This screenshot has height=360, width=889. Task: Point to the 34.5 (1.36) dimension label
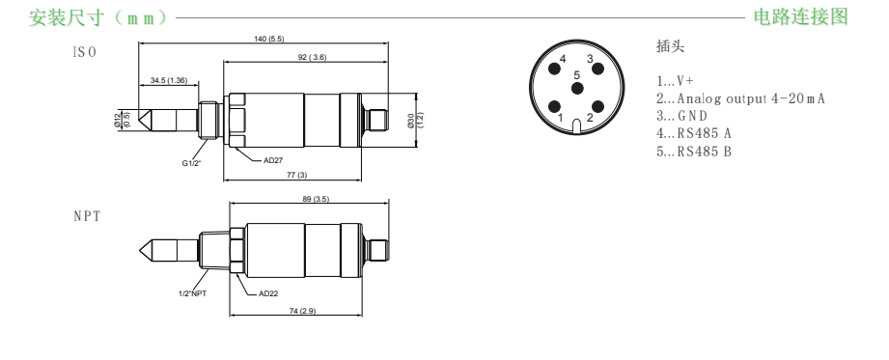coord(169,80)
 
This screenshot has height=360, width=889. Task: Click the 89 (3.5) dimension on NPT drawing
coord(317,199)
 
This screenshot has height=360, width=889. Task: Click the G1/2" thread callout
coord(192,164)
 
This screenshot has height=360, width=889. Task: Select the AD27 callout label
coord(273,160)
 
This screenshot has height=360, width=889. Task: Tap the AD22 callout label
coord(268,293)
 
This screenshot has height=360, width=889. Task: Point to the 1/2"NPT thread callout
coord(192,293)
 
